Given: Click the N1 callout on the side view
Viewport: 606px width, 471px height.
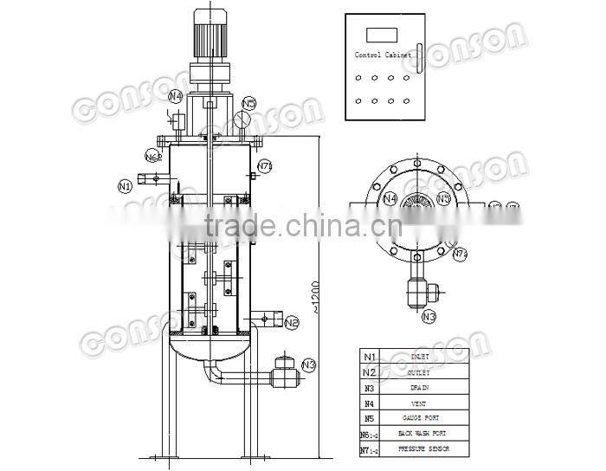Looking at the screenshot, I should (125, 185).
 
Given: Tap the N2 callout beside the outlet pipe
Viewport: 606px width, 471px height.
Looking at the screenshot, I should (292, 323).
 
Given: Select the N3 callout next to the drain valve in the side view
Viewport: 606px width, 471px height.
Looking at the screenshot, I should (309, 365).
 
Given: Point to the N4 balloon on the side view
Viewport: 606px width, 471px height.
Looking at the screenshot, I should (176, 96).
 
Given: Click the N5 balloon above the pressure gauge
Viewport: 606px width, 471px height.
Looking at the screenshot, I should (249, 104).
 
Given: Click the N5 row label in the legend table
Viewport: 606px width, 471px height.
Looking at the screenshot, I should (370, 418).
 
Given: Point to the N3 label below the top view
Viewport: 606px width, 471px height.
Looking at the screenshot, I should (429, 317).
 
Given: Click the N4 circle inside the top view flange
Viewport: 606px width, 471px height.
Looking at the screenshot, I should (390, 198).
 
